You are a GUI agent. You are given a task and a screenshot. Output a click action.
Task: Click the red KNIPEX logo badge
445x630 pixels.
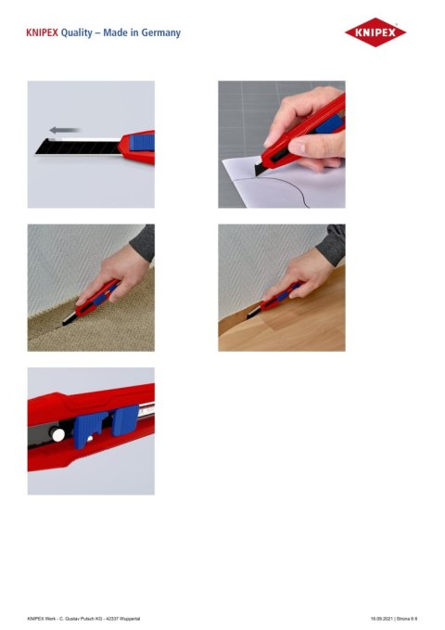click(x=375, y=33)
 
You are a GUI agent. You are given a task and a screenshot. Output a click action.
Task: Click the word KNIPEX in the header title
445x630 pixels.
click(x=43, y=33)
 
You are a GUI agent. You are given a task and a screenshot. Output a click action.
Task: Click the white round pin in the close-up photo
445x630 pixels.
click(x=57, y=433)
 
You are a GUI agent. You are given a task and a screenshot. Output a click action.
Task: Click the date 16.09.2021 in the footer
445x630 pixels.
click(x=384, y=617)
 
